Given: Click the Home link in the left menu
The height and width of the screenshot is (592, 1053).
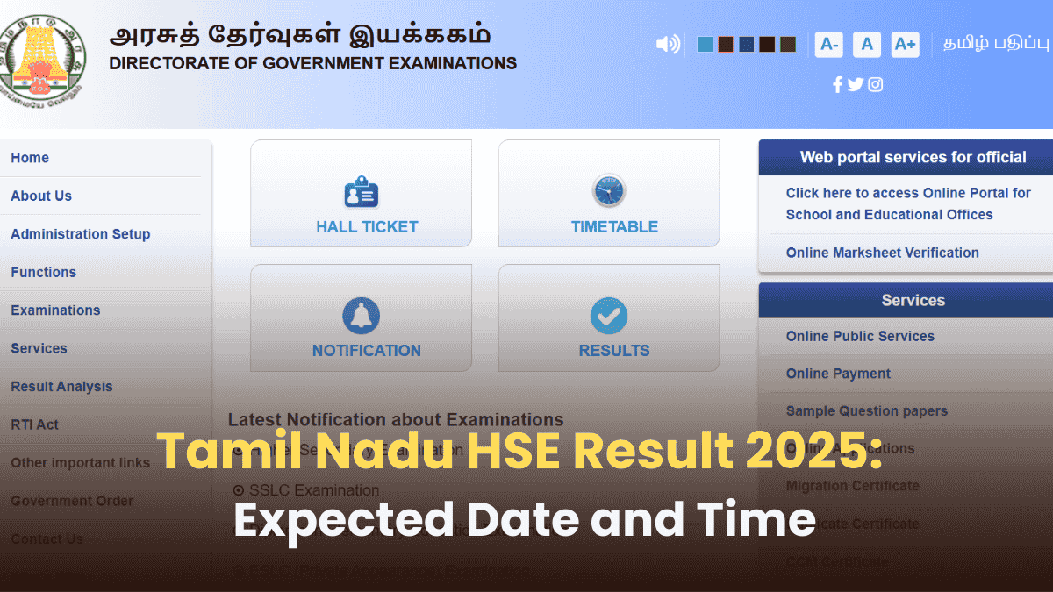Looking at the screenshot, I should click(30, 158).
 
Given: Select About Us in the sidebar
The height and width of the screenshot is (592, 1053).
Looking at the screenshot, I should click(41, 196).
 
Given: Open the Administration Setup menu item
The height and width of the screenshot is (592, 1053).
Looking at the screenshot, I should click(80, 234).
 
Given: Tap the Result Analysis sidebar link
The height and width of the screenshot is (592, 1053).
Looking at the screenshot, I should click(61, 387).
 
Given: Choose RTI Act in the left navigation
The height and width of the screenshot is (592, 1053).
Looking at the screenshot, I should click(34, 424).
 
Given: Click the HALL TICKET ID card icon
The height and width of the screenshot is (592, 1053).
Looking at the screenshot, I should click(361, 192).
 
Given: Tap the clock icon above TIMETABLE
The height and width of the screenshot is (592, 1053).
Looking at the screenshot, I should click(608, 191).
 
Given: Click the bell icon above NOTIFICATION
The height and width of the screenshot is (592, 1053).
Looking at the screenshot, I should click(361, 316).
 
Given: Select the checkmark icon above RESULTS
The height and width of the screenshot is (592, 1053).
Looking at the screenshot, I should click(608, 316).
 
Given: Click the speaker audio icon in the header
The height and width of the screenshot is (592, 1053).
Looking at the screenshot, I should click(668, 44).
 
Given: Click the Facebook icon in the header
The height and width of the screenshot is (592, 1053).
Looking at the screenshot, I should click(837, 84).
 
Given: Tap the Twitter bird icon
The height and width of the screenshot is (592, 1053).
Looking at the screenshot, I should click(856, 84).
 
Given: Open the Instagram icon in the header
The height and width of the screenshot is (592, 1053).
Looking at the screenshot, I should click(875, 84).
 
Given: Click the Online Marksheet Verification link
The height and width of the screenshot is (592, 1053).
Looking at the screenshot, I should click(882, 253).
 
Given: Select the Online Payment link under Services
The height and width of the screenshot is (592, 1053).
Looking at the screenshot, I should click(838, 374).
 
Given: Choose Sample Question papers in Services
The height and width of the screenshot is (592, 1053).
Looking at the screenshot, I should click(866, 411).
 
